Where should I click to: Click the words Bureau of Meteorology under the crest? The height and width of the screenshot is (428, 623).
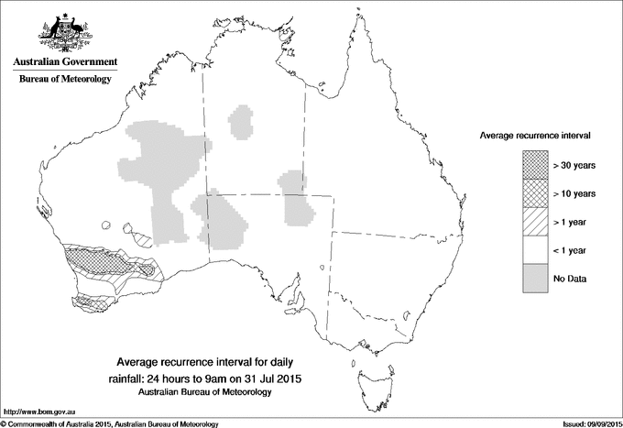65,80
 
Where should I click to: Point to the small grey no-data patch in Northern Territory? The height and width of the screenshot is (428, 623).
243,122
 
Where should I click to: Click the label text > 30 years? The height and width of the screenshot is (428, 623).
574,166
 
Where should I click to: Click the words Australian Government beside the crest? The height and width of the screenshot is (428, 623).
65,62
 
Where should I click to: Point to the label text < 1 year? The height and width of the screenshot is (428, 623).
570,250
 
